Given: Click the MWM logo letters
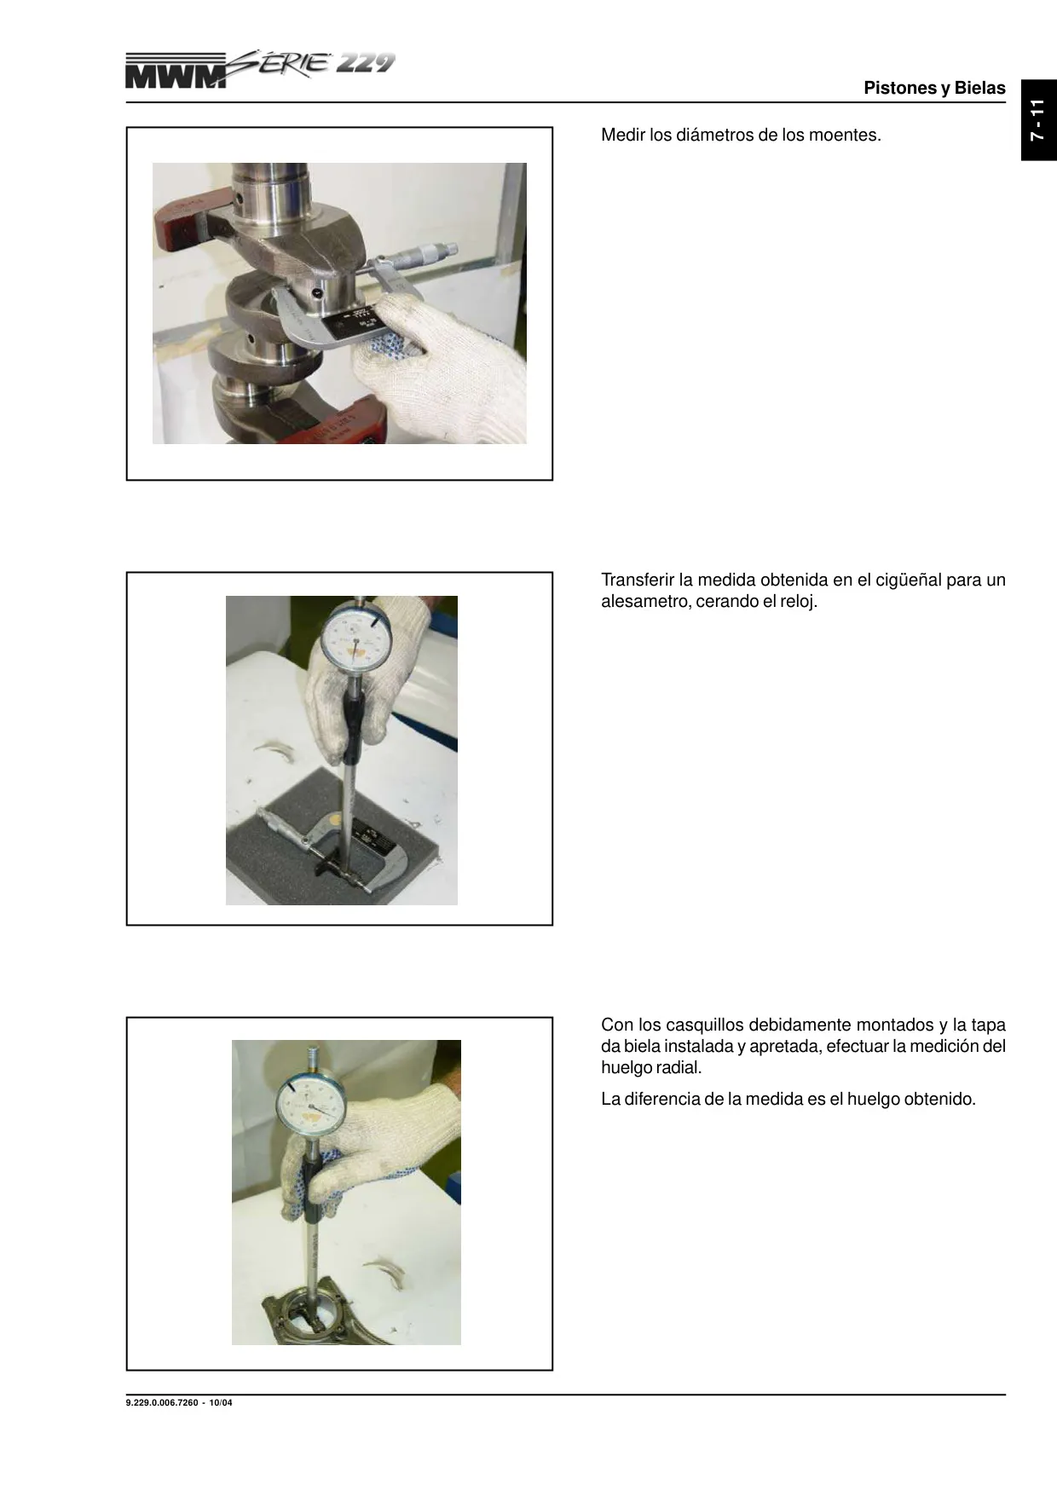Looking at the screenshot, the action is (176, 73).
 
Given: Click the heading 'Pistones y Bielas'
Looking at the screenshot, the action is (934, 88).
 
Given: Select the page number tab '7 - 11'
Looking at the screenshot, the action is (1038, 120).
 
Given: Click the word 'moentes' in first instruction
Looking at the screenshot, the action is (844, 135).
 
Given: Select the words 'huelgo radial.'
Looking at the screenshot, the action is (651, 1067).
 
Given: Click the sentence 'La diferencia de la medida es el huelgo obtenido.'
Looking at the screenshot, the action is (788, 1099).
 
